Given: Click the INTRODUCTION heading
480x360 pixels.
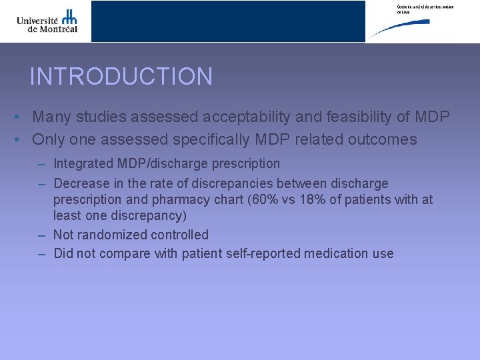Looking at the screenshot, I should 121,77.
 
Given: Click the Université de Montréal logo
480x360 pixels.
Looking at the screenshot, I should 47,21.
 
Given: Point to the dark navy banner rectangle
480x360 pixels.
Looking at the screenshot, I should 228,21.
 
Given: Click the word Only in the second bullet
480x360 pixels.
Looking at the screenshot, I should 48,140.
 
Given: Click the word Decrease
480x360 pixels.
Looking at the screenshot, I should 81,183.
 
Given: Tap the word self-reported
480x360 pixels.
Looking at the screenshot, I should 261,253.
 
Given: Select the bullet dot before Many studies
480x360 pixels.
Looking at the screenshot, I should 15,118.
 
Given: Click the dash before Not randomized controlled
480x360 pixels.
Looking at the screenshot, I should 41,235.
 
